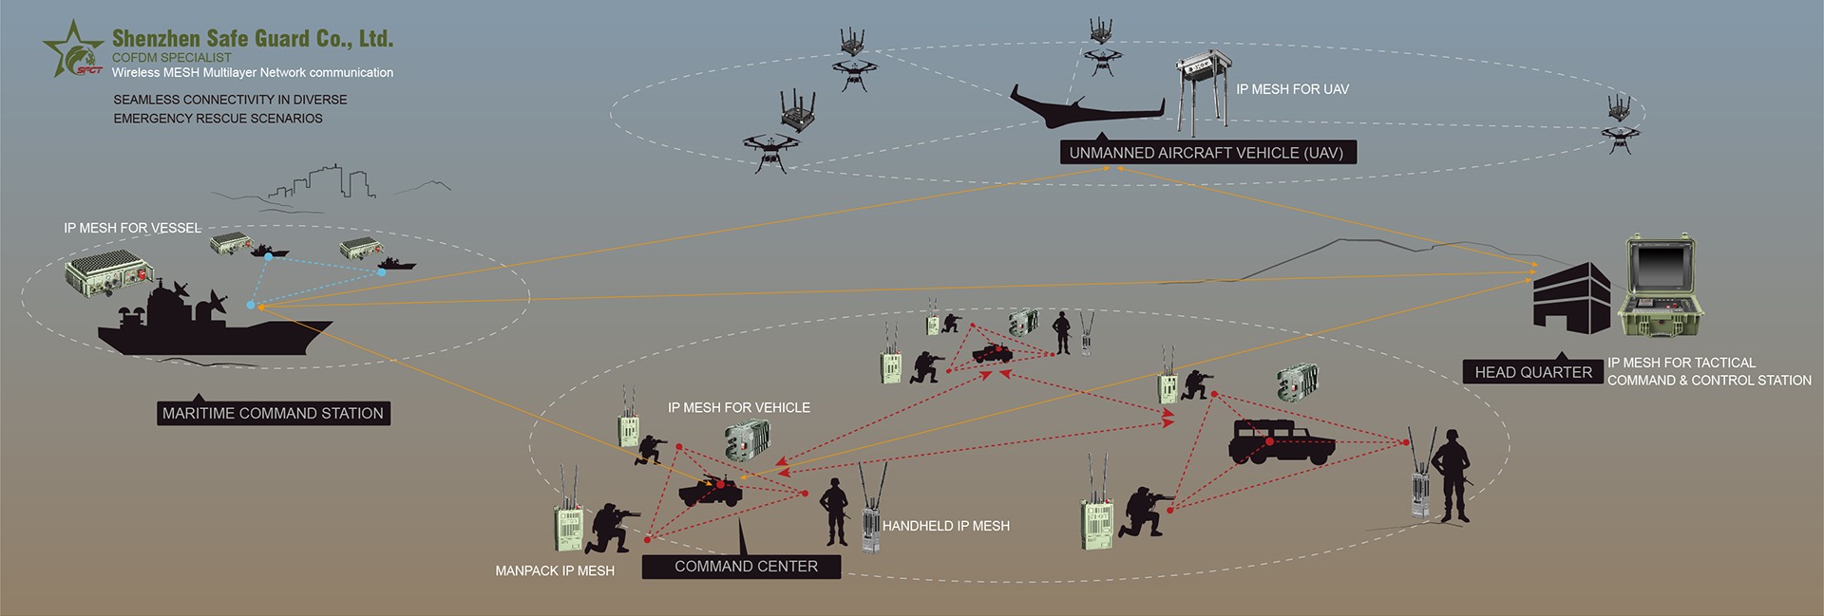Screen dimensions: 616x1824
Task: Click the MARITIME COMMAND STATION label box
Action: point(273,413)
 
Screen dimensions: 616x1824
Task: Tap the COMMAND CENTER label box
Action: point(746,567)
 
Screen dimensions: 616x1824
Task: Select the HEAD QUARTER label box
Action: point(1532,372)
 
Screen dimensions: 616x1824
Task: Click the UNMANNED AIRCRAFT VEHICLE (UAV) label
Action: point(1206,153)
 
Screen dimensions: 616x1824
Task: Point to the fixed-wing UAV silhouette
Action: point(1083,110)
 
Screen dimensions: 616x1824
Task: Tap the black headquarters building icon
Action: point(1571,299)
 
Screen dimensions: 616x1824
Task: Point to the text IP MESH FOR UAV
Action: point(1292,89)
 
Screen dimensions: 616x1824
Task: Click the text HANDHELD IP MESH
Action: point(945,526)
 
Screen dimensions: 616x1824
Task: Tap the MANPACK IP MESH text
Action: point(555,570)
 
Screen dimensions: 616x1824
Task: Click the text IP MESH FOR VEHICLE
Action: point(738,407)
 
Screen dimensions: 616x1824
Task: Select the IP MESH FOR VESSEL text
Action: point(132,228)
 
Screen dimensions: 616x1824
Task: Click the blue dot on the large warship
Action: point(250,306)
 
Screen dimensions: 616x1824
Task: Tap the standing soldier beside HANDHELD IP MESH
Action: point(834,512)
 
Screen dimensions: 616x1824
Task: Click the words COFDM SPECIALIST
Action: point(171,58)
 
